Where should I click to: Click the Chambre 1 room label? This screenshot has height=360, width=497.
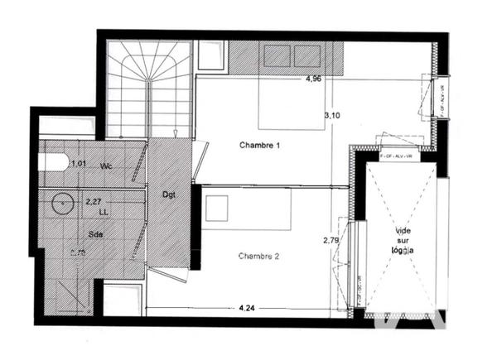click(260, 146)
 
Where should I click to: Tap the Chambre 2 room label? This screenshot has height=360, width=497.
click(259, 257)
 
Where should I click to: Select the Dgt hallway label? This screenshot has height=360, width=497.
click(169, 194)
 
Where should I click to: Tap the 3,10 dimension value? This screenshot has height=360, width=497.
click(331, 115)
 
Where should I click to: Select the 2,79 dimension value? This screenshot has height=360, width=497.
click(331, 241)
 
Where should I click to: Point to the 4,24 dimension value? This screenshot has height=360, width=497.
click(246, 308)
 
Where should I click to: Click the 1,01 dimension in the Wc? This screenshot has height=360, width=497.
click(79, 164)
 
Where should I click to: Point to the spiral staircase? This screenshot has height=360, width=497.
click(147, 87)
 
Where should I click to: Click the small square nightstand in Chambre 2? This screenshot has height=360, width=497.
click(217, 208)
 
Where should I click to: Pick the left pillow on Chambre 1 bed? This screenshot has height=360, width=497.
click(275, 55)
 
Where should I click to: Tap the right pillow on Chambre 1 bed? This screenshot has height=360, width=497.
click(306, 55)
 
